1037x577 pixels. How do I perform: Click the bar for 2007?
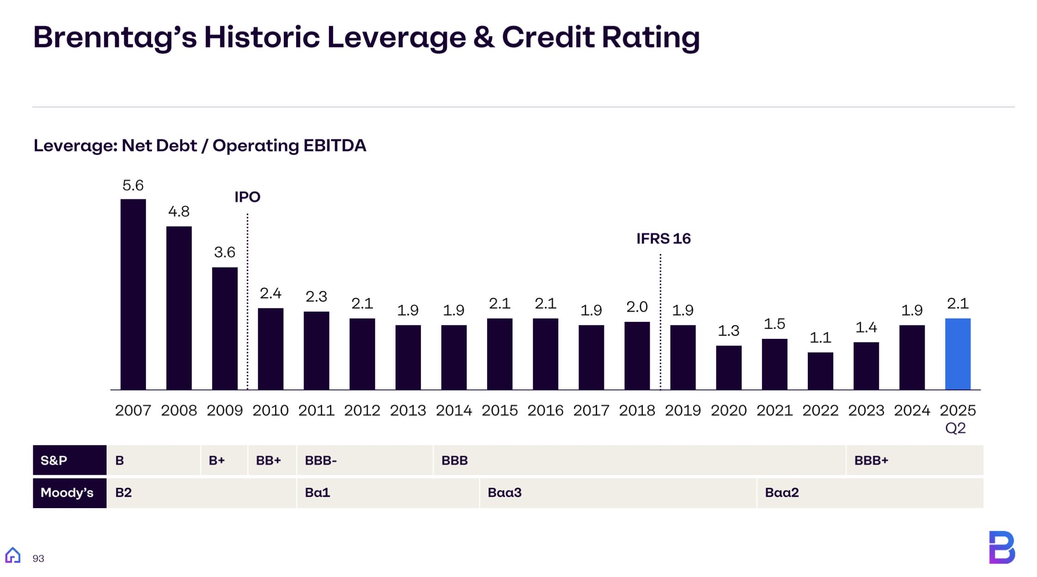133,294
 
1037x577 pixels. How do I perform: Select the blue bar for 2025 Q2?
958,354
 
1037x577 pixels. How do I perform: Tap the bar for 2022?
820,371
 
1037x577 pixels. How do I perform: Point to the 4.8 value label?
179,212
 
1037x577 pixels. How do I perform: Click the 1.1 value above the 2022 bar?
820,338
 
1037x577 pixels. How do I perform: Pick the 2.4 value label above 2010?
270,293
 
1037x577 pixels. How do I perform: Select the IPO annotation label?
247,197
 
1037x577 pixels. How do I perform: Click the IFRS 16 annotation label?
663,239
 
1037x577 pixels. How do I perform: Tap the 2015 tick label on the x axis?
500,410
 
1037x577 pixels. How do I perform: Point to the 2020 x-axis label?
728,410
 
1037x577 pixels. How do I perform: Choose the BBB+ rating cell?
871,460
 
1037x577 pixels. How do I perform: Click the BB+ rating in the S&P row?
268,460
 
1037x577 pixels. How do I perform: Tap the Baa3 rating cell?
505,493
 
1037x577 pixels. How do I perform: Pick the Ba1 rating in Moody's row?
317,493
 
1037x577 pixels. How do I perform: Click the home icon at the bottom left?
13,555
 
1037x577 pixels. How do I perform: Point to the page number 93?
38,559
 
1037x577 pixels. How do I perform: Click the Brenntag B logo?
1001,547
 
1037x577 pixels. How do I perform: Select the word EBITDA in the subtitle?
335,146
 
